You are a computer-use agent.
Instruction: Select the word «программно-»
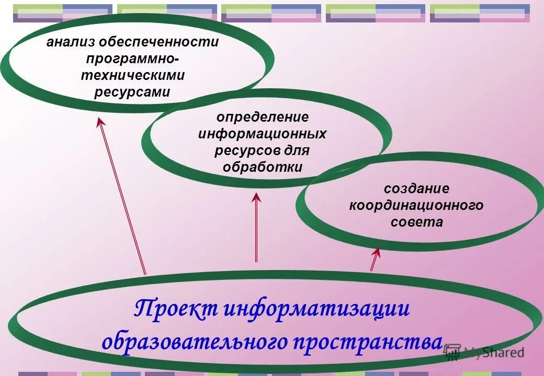(132, 59)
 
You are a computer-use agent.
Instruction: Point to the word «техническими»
(132, 76)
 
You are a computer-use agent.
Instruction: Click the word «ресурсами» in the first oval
(132, 92)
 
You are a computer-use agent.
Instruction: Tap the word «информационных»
(263, 134)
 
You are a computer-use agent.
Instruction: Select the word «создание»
(416, 189)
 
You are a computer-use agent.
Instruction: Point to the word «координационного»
(416, 205)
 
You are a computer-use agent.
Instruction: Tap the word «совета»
(416, 222)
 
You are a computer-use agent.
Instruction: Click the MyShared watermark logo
(484, 352)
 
